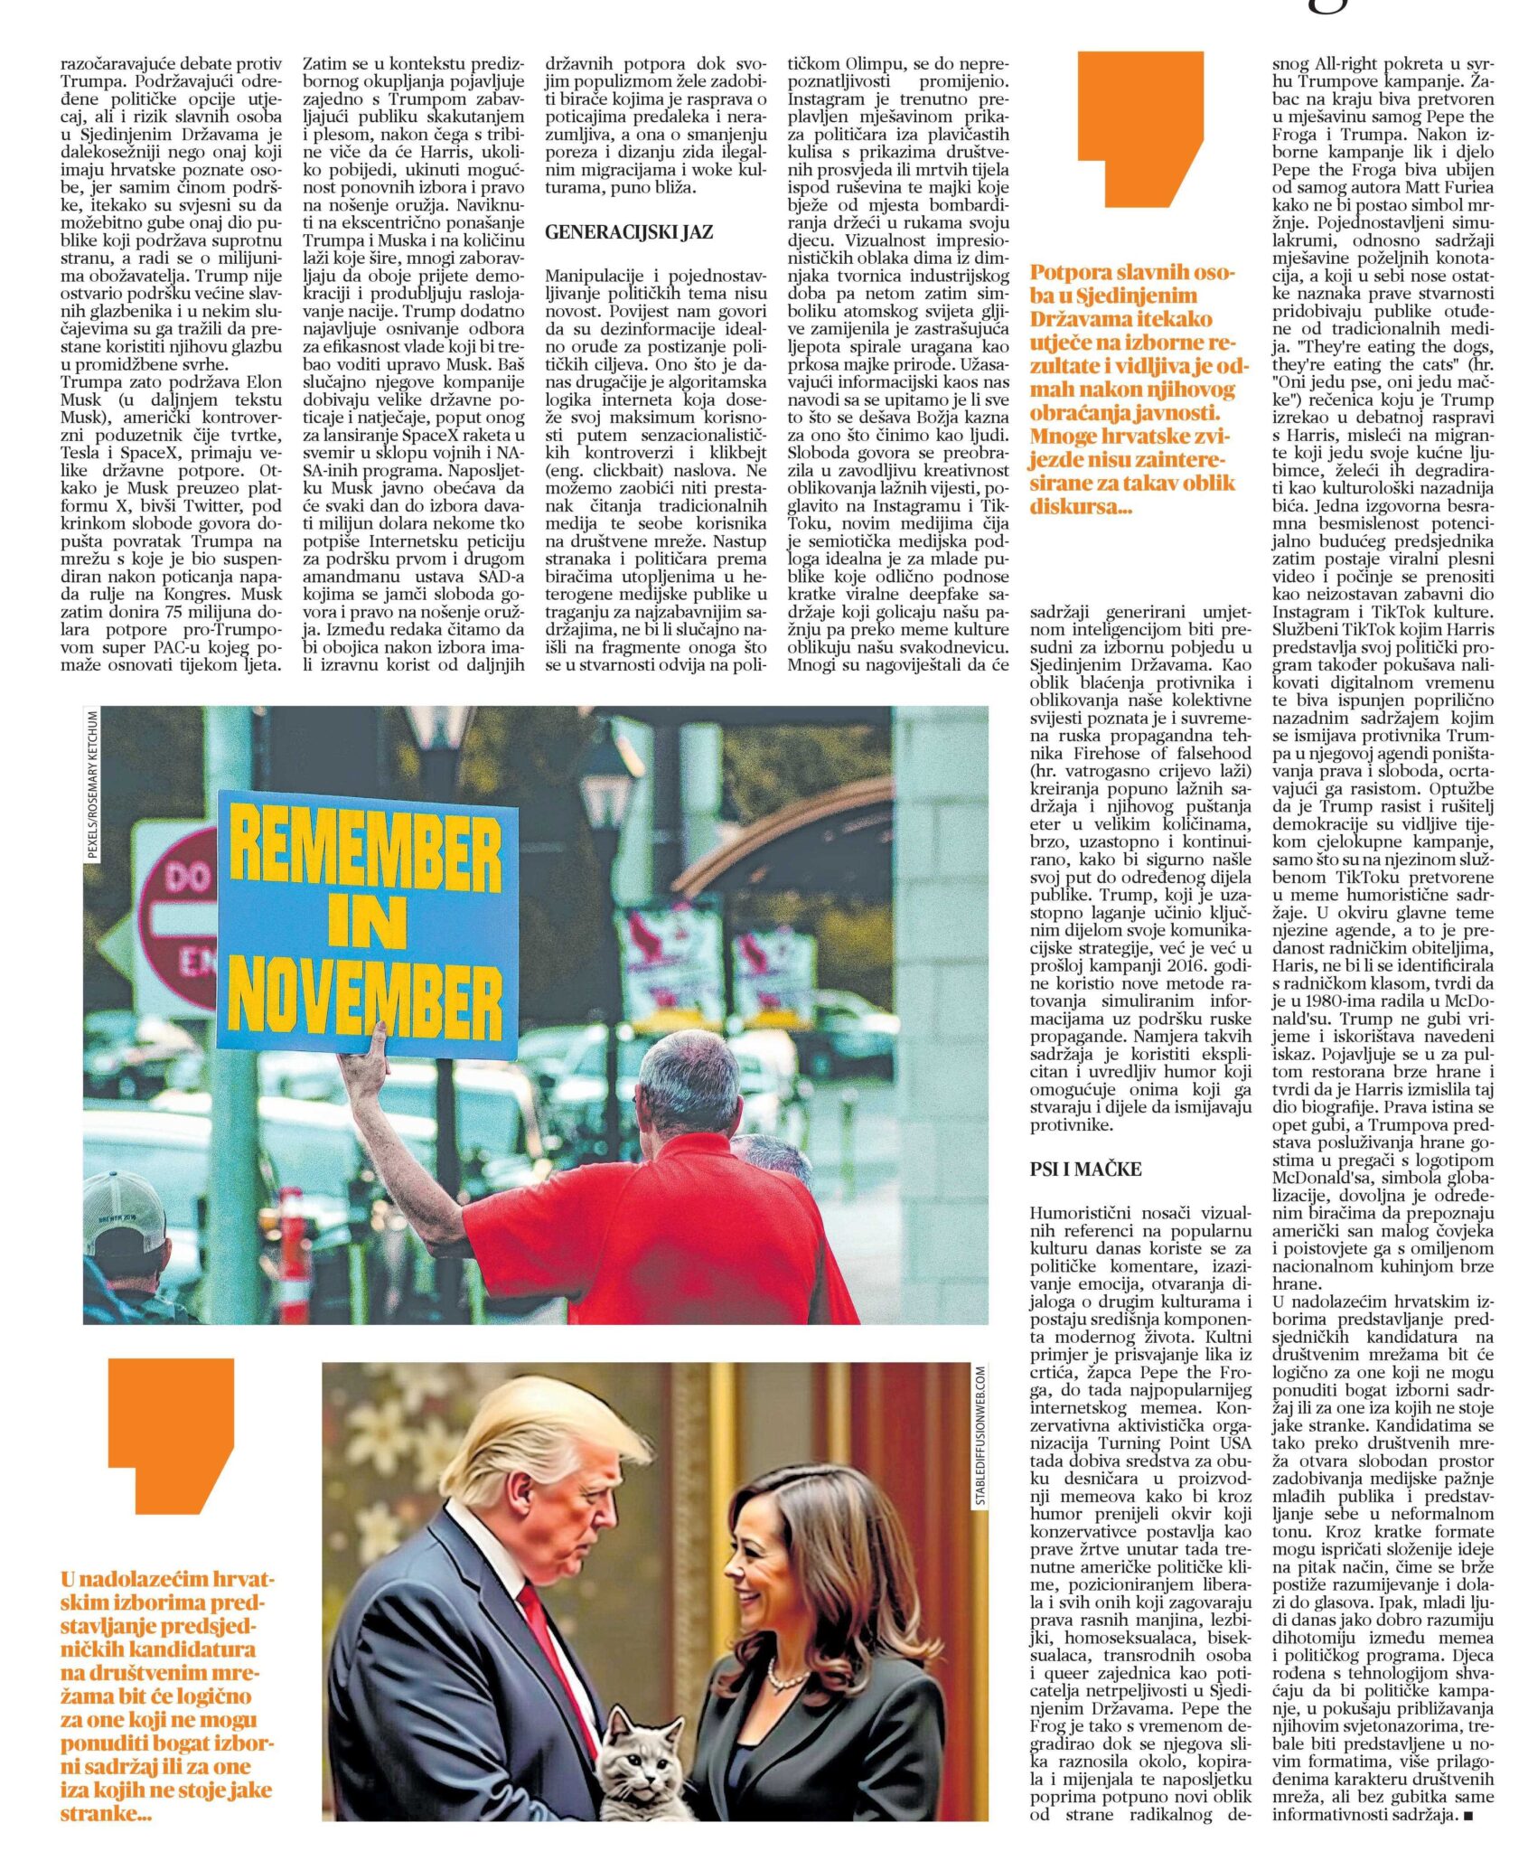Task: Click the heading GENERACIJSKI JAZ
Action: coord(629,232)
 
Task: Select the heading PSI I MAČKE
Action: coord(1085,1169)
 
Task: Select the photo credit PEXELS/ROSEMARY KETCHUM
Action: coord(93,784)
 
